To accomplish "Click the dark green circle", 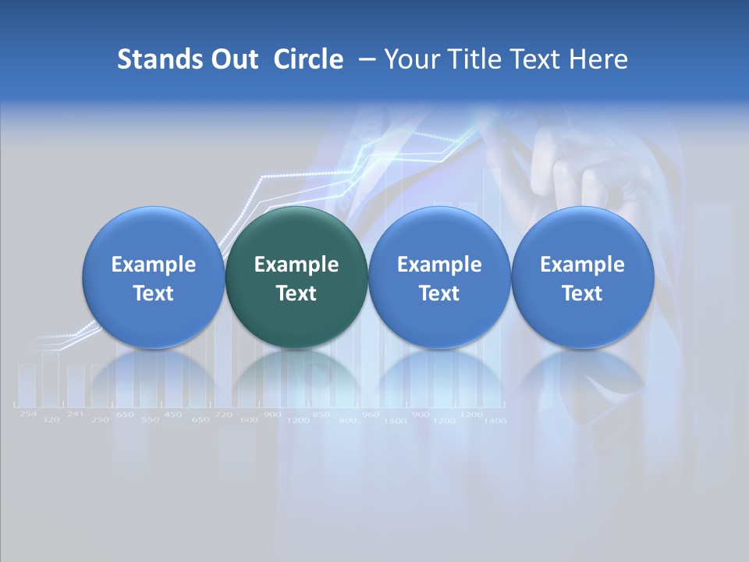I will (x=296, y=277).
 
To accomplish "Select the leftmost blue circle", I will (x=153, y=277).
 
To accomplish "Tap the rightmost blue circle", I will (x=582, y=277).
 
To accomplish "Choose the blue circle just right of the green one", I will (x=439, y=277).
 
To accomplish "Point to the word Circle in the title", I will (x=308, y=59).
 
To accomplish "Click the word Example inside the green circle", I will (x=296, y=265).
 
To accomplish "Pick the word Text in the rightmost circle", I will (x=582, y=293).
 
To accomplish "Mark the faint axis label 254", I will (x=27, y=414).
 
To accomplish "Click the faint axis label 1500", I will (x=396, y=421).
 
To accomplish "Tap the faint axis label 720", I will (x=224, y=414).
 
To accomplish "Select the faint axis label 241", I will (x=75, y=414).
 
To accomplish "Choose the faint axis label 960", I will (x=371, y=414).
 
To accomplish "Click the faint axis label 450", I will (x=173, y=414).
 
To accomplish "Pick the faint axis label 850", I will (x=321, y=414).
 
